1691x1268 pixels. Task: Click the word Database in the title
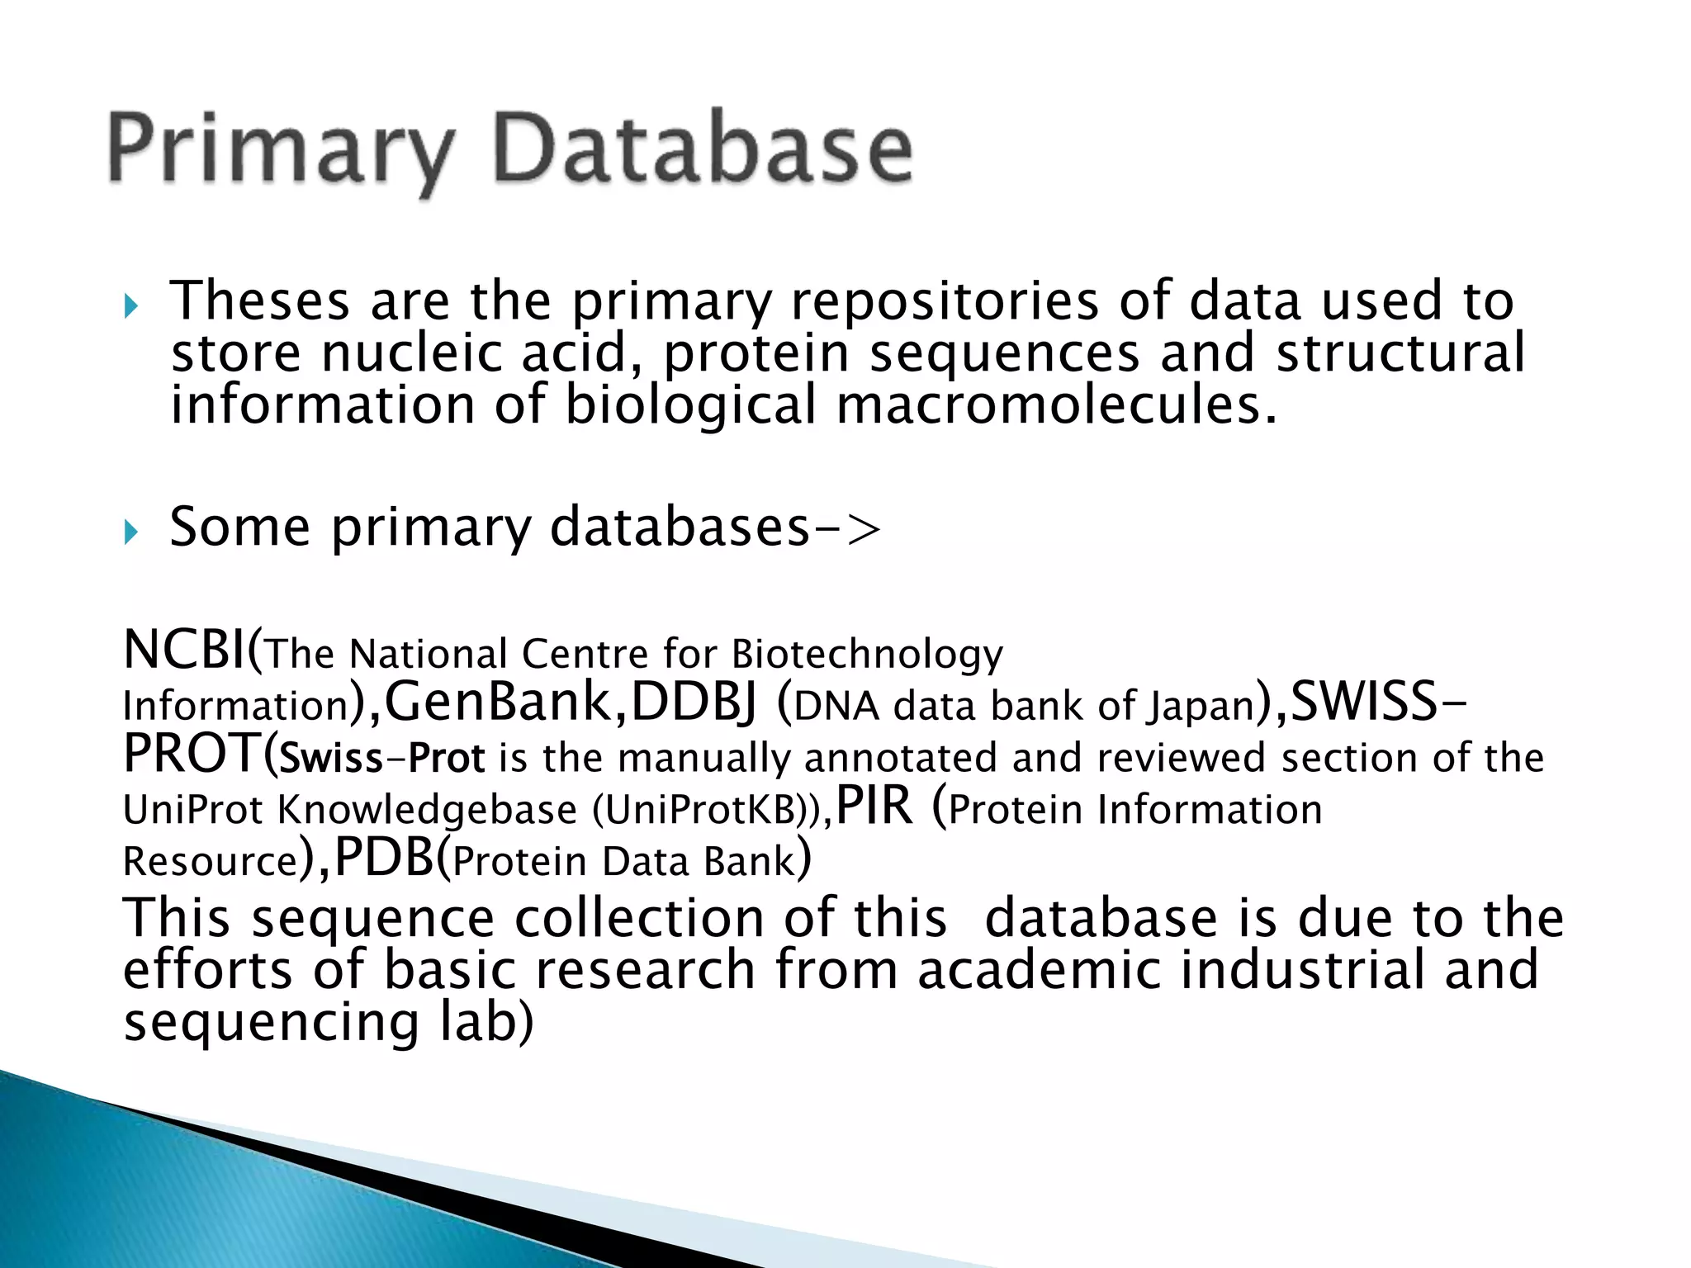click(x=703, y=149)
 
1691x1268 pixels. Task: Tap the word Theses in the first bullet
click(x=260, y=300)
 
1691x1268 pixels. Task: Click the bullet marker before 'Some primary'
click(x=131, y=532)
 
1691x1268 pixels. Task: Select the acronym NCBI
click(x=184, y=651)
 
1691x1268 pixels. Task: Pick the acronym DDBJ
click(x=693, y=703)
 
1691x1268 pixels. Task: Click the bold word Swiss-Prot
click(x=382, y=758)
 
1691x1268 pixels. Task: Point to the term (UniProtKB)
click(x=706, y=810)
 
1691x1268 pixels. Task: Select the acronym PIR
click(x=874, y=806)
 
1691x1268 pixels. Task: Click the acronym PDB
click(x=384, y=858)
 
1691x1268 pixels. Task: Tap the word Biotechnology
click(x=867, y=655)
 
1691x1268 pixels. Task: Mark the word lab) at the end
click(x=486, y=1022)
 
